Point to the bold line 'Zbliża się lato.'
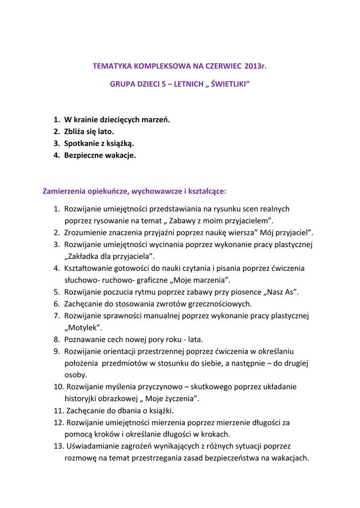[89, 131]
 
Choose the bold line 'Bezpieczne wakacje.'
[100, 155]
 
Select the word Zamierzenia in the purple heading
[65, 190]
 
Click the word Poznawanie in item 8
[84, 339]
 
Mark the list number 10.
[58, 386]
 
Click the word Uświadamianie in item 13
[93, 446]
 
